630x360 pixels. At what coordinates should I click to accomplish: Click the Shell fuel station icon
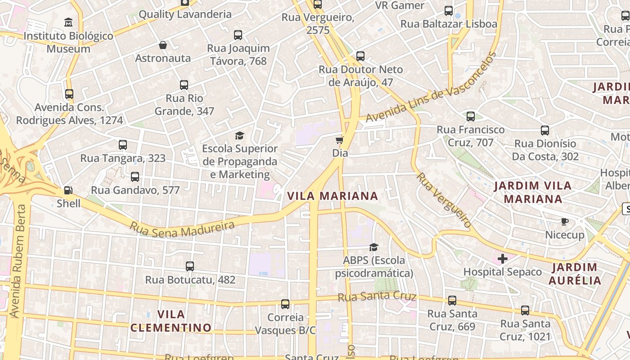point(68,190)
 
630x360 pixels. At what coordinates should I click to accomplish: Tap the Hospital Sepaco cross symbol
point(503,259)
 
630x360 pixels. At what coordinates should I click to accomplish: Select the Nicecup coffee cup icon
point(565,221)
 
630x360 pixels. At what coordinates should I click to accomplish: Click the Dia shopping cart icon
point(340,140)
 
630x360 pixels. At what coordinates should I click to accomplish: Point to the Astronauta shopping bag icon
point(163,45)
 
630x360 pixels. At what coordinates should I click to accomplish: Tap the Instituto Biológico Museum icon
point(68,22)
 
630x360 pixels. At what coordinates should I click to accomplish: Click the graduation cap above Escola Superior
point(239,135)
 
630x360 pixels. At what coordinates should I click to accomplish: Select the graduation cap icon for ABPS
point(373,247)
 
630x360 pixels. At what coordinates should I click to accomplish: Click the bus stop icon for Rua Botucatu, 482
point(190,266)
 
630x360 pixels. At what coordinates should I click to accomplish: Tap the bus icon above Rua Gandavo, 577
point(135,177)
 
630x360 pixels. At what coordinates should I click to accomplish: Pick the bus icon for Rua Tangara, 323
point(123,145)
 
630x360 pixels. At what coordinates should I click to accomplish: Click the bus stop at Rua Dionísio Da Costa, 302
point(545,130)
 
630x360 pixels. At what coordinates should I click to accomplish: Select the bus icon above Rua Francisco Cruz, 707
point(471,117)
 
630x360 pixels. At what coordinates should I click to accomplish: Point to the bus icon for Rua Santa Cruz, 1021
point(525,310)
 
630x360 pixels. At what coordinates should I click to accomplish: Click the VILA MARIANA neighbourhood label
point(333,196)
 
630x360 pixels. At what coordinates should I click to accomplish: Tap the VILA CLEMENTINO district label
point(171,321)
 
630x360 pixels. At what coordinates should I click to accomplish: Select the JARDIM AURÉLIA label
point(575,274)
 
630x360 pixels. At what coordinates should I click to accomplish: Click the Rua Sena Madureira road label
point(183,229)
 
